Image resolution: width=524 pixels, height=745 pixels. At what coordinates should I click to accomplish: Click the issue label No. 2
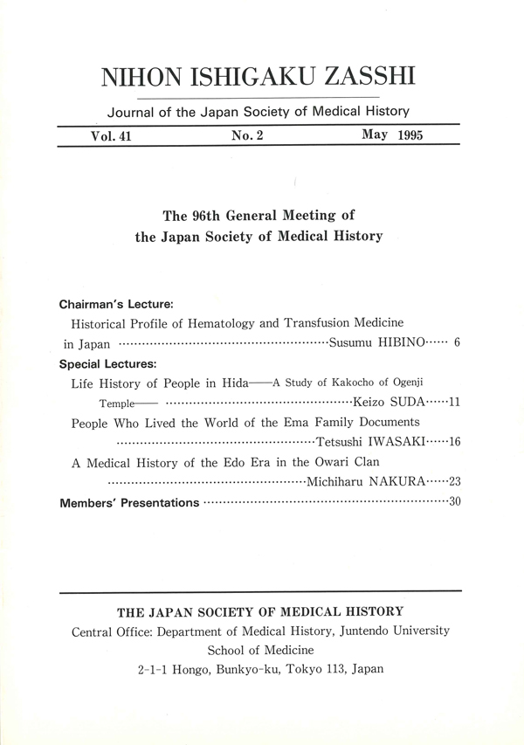pyautogui.click(x=247, y=137)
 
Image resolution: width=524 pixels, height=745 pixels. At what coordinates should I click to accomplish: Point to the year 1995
pyautogui.click(x=410, y=137)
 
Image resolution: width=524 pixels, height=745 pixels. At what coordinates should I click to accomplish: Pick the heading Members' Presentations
pyautogui.click(x=129, y=503)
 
